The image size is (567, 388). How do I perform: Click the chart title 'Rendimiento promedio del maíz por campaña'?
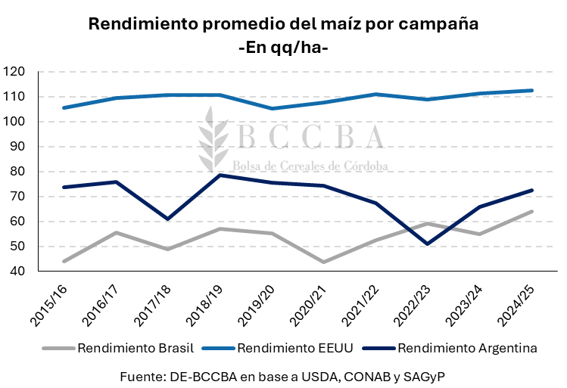283,23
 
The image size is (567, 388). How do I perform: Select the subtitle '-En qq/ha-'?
283,47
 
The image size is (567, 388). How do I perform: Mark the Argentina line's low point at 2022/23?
428,244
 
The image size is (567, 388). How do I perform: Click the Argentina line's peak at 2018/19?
220,175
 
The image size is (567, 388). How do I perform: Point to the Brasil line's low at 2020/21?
324,262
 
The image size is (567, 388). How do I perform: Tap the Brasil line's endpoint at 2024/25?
532,212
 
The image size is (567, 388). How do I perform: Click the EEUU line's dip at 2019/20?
272,108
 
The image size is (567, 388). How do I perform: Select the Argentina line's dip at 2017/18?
167,219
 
